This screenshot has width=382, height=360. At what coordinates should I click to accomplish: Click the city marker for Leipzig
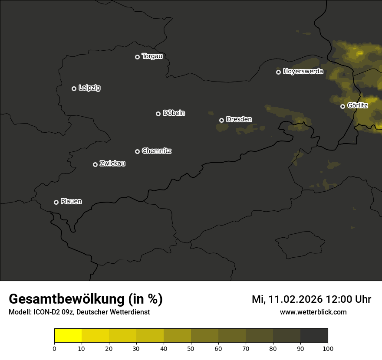[x=74, y=88]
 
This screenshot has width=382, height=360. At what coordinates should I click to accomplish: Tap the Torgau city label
[x=152, y=56]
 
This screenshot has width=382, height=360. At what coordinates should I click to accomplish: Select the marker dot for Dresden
[x=221, y=120]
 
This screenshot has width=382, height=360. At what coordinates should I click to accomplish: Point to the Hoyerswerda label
[x=303, y=72]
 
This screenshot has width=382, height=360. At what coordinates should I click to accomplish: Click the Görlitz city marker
[x=342, y=106]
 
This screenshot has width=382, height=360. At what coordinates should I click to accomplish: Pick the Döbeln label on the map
[x=174, y=113]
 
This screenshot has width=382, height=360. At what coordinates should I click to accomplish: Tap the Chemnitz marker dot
[x=137, y=151]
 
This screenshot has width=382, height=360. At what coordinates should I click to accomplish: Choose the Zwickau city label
[x=112, y=164]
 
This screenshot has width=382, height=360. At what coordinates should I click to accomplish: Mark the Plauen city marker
[x=56, y=202]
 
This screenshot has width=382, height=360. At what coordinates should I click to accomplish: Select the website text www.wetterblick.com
[x=313, y=312]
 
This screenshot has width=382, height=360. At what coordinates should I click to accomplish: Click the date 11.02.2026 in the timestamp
[x=296, y=299]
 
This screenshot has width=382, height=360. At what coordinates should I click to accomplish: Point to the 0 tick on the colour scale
[x=54, y=348]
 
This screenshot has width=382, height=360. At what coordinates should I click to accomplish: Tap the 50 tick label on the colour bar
[x=191, y=348]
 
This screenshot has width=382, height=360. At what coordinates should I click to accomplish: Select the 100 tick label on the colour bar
[x=328, y=348]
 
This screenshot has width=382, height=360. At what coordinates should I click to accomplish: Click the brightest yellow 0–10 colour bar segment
[x=68, y=335]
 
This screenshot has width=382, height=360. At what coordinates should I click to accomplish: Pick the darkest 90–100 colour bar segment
[x=314, y=335]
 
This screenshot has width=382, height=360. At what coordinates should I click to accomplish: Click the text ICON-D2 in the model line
[x=45, y=312]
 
